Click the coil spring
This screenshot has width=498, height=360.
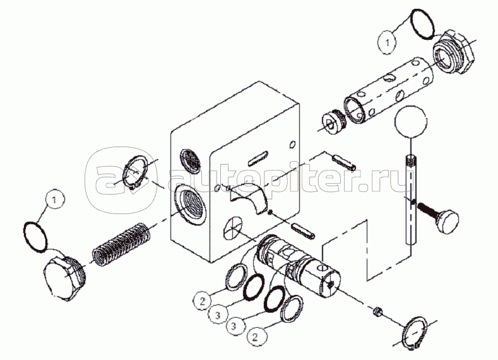[x=121, y=243]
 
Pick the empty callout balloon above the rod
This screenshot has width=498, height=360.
[x=411, y=121]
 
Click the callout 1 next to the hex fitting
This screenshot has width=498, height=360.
[x=387, y=43]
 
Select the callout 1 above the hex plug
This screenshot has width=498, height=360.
[x=55, y=200]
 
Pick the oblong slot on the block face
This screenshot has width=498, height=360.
[x=258, y=158]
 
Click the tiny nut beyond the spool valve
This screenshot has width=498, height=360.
[x=377, y=311]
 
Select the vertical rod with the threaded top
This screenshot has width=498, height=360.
[x=412, y=199]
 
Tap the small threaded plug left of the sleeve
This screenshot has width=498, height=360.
[x=333, y=121]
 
